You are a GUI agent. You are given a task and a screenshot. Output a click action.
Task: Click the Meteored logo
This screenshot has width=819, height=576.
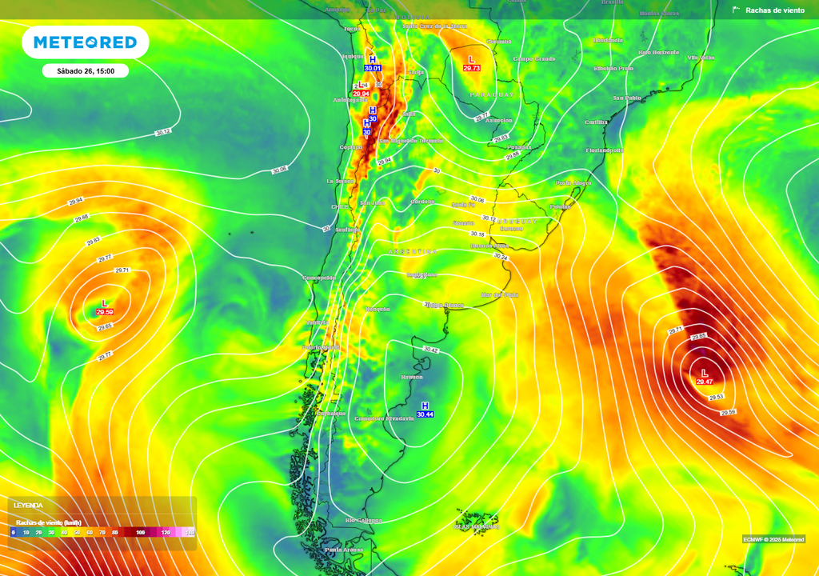coord(85,42)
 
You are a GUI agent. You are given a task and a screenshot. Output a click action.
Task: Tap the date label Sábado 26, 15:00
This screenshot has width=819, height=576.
coord(86,71)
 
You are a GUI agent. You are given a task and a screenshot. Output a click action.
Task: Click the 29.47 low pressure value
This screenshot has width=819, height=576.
coord(705,382)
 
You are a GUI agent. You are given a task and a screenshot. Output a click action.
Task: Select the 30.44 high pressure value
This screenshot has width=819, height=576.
coord(425,414)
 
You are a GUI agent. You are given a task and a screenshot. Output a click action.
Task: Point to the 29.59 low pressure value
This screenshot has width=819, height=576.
coord(104,312)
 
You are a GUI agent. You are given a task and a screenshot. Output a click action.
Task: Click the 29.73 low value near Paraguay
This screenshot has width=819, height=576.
coord(472,69)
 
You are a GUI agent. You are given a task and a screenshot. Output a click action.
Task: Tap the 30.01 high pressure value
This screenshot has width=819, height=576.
coord(372,69)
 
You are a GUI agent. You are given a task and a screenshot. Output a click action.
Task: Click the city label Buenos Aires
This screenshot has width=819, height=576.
coord(489,246)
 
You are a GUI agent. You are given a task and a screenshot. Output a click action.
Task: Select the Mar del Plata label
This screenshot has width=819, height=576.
coord(500,295)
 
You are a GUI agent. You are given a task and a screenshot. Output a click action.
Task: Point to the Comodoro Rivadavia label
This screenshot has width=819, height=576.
coord(385,418)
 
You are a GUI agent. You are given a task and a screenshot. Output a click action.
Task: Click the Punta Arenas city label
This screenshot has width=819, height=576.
coord(344,550)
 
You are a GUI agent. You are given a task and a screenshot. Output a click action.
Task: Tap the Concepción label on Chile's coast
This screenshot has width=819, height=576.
coord(319,278)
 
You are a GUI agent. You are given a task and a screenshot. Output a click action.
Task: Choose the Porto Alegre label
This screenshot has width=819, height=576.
coord(573,183)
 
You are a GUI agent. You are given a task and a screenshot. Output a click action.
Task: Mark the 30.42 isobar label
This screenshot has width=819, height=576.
coord(430,350)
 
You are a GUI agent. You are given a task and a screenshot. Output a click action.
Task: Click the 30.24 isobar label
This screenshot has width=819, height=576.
coord(501,257)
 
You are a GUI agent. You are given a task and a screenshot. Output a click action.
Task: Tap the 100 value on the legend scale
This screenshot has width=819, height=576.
coord(141,532)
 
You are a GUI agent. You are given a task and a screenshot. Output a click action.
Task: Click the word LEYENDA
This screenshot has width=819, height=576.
coord(28,506)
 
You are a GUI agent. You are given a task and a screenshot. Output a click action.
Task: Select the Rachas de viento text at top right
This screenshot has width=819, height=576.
coord(774,10)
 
